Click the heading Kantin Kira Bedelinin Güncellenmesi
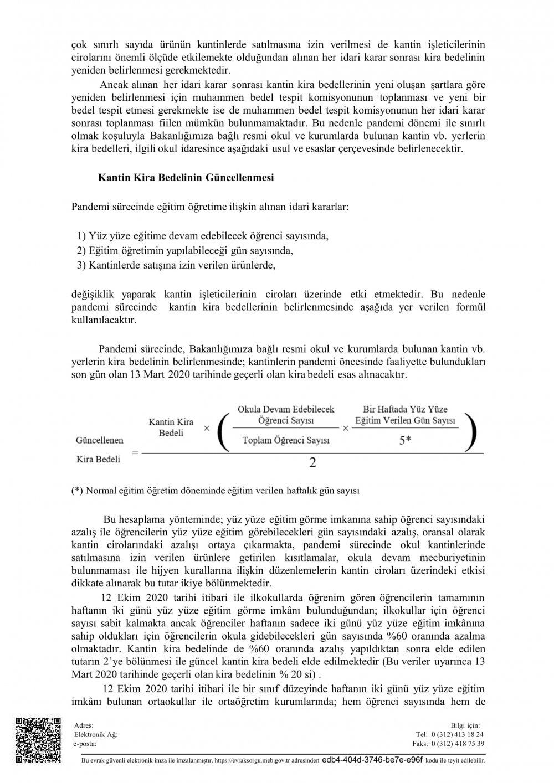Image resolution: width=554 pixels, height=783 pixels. (186, 178)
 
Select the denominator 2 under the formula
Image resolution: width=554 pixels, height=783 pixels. (312, 462)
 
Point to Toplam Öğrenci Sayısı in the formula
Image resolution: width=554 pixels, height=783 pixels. (286, 441)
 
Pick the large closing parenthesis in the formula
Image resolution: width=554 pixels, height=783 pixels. (472, 431)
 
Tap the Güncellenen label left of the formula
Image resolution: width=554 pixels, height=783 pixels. (99, 440)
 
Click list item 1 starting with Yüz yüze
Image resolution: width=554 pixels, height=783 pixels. (203, 236)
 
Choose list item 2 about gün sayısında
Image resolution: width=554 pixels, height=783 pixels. (185, 250)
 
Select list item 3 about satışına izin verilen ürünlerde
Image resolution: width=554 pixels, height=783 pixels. (176, 265)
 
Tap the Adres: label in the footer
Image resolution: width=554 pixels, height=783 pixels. (84, 725)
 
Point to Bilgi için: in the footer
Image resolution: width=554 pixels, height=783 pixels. (466, 725)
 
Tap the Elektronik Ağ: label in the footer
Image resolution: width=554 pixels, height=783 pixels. (96, 734)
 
